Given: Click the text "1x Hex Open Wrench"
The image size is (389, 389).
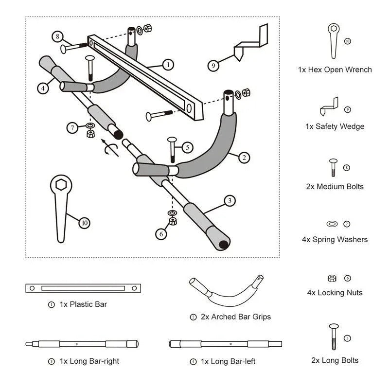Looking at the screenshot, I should [x=335, y=70].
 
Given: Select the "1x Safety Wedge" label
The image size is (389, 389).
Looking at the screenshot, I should [x=335, y=126].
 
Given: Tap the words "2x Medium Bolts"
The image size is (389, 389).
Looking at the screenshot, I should [x=335, y=186].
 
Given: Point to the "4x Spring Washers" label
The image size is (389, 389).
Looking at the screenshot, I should [x=335, y=239].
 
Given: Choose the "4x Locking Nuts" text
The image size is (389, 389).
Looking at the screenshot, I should [x=335, y=293].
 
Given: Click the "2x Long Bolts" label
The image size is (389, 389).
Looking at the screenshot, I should [x=335, y=360].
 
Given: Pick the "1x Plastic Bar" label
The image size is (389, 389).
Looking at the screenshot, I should [x=83, y=304].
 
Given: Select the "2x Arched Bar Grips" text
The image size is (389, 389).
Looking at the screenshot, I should [x=236, y=317].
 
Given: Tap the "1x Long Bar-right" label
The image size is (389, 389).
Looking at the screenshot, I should [x=90, y=361].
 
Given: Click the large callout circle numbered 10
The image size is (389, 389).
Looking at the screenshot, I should [x=85, y=223].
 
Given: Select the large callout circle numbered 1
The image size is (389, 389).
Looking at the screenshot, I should [x=167, y=64].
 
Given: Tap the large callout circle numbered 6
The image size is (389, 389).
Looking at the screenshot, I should [x=161, y=234].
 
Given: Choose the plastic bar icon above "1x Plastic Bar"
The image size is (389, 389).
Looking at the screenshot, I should [x=83, y=288].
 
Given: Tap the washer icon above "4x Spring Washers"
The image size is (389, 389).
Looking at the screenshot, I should [x=332, y=224].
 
